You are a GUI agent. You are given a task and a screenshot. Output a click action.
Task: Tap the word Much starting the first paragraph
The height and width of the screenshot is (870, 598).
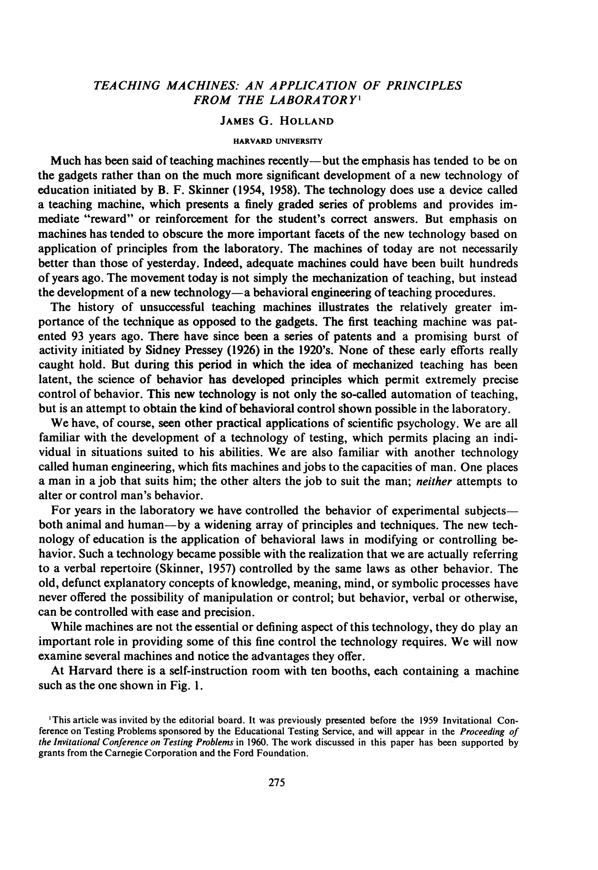click(65, 161)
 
